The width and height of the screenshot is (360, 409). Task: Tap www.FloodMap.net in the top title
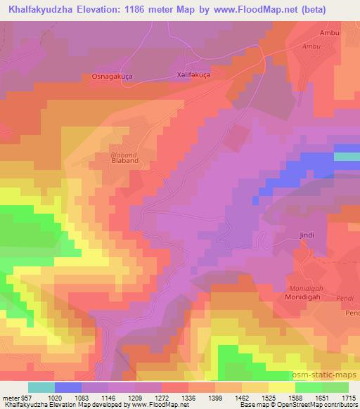tap(264, 8)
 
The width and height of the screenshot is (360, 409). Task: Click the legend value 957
tap(27, 398)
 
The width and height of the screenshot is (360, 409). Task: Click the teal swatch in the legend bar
tap(41, 387)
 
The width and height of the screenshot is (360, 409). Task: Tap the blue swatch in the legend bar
tap(68, 387)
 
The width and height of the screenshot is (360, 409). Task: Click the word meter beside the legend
tap(11, 398)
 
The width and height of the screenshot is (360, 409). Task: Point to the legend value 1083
tap(80, 398)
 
